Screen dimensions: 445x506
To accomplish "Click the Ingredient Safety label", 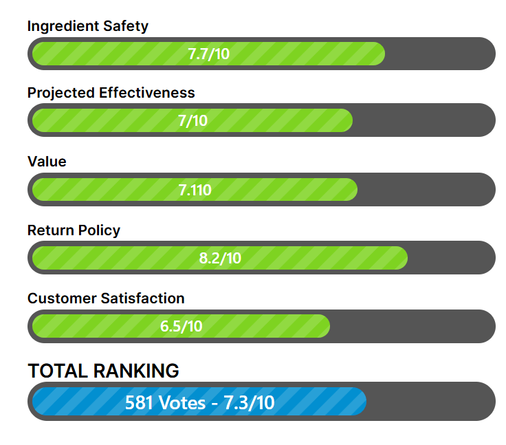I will click(87, 26).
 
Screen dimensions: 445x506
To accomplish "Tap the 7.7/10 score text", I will click(208, 54).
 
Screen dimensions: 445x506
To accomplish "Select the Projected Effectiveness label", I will click(111, 93).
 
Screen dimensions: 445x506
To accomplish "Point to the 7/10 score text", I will click(192, 121).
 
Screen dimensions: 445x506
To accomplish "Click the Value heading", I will click(47, 162).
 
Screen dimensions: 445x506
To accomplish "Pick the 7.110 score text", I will click(195, 191).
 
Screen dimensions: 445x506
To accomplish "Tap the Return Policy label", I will click(74, 230).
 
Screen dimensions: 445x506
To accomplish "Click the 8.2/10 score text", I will click(220, 259).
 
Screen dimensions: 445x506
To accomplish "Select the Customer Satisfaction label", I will click(106, 299).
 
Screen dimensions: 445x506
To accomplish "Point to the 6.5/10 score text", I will click(181, 326).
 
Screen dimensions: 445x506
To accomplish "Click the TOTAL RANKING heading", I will click(103, 371).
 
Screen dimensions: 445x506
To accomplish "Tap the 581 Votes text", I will click(165, 403).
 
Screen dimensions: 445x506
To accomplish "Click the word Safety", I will click(125, 26).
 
